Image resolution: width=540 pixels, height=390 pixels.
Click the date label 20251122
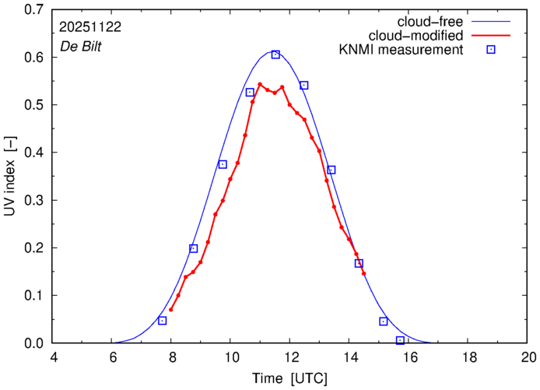pyautogui.click(x=89, y=26)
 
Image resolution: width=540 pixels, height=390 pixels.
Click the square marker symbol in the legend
pyautogui.click(x=492, y=51)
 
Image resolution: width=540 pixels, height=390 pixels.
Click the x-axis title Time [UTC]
pyautogui.click(x=289, y=378)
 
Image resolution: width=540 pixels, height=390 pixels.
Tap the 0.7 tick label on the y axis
pyautogui.click(x=33, y=10)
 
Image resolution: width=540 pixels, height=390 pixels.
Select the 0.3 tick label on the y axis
pyautogui.click(x=33, y=200)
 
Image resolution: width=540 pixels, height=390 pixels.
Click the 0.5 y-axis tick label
pyautogui.click(x=33, y=105)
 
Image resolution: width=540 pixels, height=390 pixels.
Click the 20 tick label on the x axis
pyautogui.click(x=528, y=357)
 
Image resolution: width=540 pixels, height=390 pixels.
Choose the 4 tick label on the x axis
pyautogui.click(x=54, y=357)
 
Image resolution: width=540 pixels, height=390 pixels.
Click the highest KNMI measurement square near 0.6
pyautogui.click(x=275, y=54)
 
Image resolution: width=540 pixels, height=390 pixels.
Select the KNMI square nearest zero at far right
pyautogui.click(x=400, y=340)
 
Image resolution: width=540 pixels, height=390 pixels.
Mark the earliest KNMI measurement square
pyautogui.click(x=162, y=321)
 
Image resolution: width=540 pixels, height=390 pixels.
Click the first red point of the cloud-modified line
pyautogui.click(x=170, y=310)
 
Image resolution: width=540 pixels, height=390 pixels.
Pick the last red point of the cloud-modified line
pyautogui.click(x=363, y=273)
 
